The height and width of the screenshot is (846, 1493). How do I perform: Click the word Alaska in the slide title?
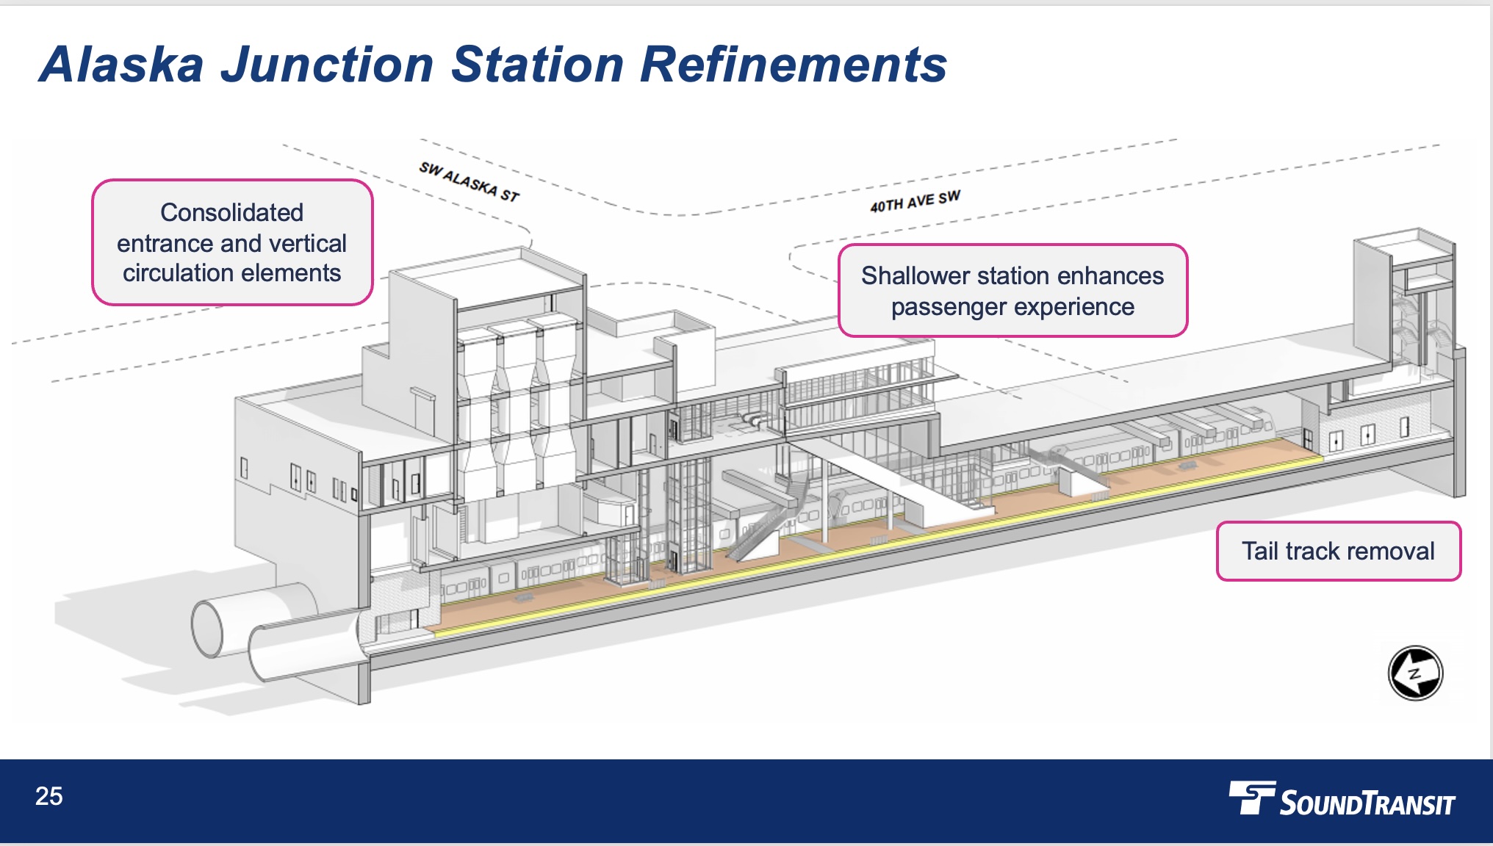122,65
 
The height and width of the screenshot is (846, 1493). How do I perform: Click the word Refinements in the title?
794,65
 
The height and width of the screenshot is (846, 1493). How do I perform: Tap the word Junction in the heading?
328,65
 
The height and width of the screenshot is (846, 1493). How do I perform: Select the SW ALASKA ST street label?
470,181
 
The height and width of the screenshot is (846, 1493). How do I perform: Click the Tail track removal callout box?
1338,551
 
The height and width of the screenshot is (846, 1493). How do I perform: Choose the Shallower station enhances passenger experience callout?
1012,291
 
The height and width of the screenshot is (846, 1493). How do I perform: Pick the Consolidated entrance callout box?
232,242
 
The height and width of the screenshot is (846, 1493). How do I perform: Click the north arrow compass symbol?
1415,673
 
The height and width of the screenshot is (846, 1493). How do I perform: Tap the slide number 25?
49,796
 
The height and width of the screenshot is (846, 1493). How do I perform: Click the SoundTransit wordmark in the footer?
1367,803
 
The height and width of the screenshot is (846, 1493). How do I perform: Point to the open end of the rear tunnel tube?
206,627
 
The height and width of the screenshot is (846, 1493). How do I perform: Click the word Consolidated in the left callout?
232,212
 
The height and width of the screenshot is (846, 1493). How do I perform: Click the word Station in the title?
537,65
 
